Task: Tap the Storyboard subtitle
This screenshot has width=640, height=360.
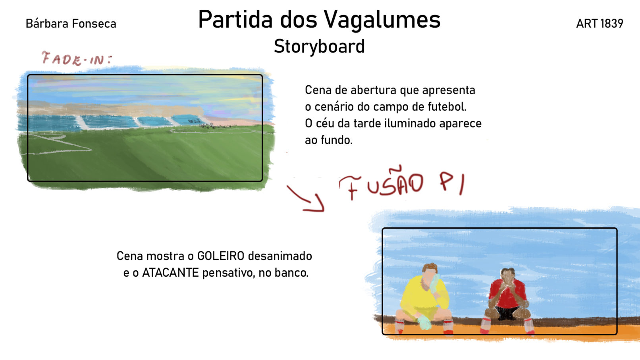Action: pyautogui.click(x=319, y=46)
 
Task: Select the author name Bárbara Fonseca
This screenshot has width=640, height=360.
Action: pyautogui.click(x=71, y=24)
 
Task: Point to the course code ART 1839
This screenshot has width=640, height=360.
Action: pyautogui.click(x=600, y=24)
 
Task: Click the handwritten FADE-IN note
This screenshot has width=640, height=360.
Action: pyautogui.click(x=77, y=59)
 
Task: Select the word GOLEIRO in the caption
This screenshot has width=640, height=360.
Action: pyautogui.click(x=221, y=256)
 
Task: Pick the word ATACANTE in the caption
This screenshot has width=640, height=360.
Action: pyautogui.click(x=170, y=273)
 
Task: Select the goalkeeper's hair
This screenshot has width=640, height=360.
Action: pyautogui.click(x=430, y=268)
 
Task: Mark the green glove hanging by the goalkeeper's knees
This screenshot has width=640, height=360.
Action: pyautogui.click(x=424, y=322)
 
